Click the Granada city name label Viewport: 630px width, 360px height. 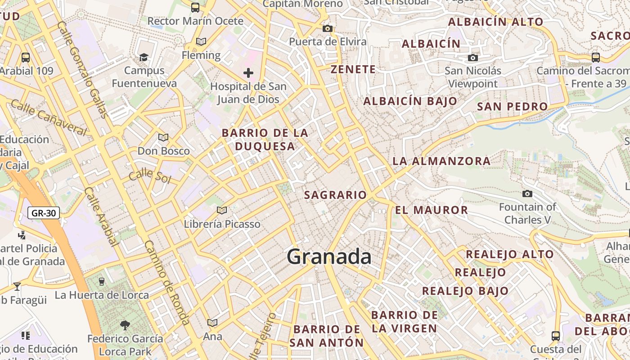tap(329, 257)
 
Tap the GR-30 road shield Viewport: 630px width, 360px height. tap(44, 213)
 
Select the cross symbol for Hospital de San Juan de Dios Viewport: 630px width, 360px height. tap(248, 73)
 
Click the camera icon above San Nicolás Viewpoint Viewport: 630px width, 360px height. tap(472, 58)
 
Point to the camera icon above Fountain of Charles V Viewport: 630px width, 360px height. tap(527, 194)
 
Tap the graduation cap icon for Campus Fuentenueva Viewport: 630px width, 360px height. tap(144, 57)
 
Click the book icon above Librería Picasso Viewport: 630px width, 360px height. tap(221, 210)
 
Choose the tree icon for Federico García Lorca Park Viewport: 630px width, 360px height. tap(125, 325)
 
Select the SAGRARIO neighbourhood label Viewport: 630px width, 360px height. tap(335, 195)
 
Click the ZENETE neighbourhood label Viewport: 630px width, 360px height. tap(353, 69)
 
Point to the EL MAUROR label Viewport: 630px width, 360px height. tap(432, 210)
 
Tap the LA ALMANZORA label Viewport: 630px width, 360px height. tap(441, 161)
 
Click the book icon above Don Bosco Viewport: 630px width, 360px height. tap(163, 137)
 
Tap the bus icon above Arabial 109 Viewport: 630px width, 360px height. tap(26, 58)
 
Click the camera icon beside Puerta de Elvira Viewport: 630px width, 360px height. tap(328, 29)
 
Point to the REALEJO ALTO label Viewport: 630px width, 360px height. tap(509, 254)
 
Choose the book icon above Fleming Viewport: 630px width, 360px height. tap(201, 42)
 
